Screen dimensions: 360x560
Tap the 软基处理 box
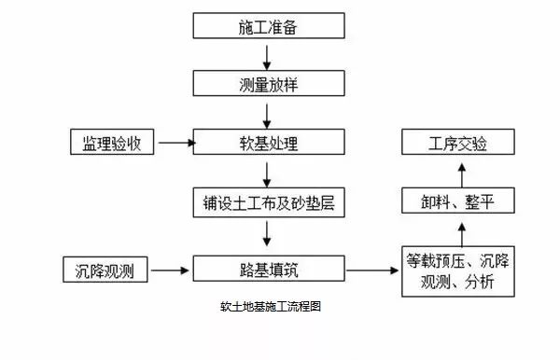pos(267,143)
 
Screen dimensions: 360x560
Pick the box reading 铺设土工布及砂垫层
pos(267,201)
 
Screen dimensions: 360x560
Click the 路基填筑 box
pos(267,270)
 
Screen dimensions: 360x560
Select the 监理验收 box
pos(111,143)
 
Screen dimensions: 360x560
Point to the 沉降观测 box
pos(105,270)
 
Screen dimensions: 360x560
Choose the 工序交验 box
pos(457,143)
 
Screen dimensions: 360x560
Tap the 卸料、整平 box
pos(457,201)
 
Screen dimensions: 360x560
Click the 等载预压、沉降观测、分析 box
pos(457,270)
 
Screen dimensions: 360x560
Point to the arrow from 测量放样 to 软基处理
pos(268,114)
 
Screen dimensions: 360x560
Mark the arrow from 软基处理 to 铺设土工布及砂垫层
pos(268,173)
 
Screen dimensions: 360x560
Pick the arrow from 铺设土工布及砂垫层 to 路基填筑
pos(268,236)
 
